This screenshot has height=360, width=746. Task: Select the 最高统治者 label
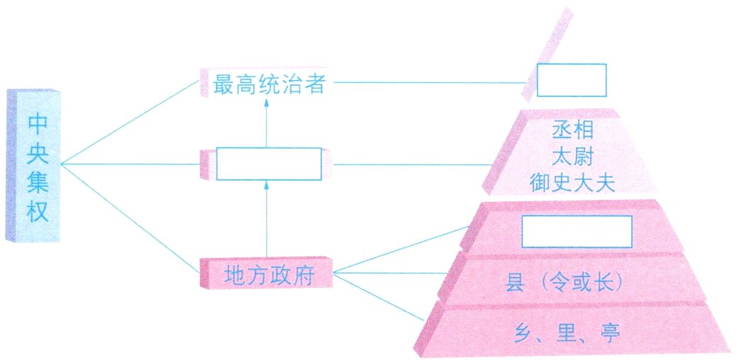click(x=269, y=85)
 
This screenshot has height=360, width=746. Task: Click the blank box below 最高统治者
click(x=268, y=164)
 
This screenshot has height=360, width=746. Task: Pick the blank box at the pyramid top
click(x=571, y=80)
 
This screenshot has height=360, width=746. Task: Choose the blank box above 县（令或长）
click(x=577, y=231)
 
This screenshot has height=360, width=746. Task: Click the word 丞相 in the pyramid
click(x=572, y=130)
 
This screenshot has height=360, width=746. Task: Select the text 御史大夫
click(x=572, y=183)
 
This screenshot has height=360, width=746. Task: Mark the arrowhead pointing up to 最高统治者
click(x=267, y=103)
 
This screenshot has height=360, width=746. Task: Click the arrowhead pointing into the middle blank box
click(x=267, y=186)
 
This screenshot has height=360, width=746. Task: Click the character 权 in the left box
click(x=38, y=211)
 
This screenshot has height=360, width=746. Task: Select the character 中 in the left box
click(x=38, y=122)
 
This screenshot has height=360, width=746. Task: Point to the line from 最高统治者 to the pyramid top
click(x=425, y=82)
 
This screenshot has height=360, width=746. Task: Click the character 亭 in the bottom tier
click(x=609, y=330)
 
